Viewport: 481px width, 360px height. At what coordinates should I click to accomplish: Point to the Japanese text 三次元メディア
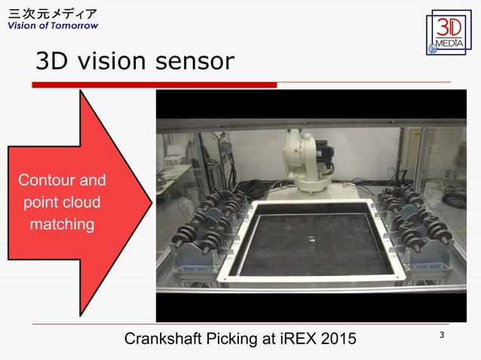[51, 14]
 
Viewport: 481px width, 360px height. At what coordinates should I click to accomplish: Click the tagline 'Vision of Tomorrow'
[53, 26]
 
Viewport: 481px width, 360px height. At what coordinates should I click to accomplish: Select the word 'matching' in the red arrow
[62, 224]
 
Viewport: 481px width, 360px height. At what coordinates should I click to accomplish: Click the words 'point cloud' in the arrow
[62, 203]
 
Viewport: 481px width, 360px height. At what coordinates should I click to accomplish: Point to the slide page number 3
[440, 334]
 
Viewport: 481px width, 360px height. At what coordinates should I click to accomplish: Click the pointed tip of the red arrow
[151, 203]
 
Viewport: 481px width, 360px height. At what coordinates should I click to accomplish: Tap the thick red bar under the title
[154, 85]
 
